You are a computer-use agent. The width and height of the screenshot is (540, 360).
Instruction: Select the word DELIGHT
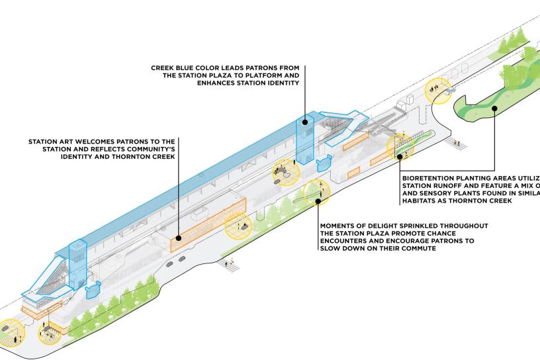tap(389, 226)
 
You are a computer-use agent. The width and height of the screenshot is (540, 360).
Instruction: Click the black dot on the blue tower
tap(305, 121)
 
